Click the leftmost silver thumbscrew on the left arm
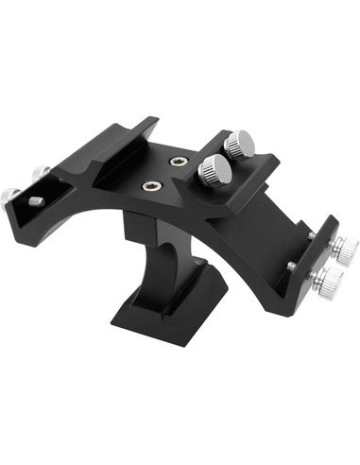[x=10, y=194]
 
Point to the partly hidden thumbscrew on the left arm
[x=40, y=174]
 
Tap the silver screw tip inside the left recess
[x=35, y=201]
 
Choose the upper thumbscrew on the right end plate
[x=343, y=250]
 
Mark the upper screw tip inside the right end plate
[x=311, y=235]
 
